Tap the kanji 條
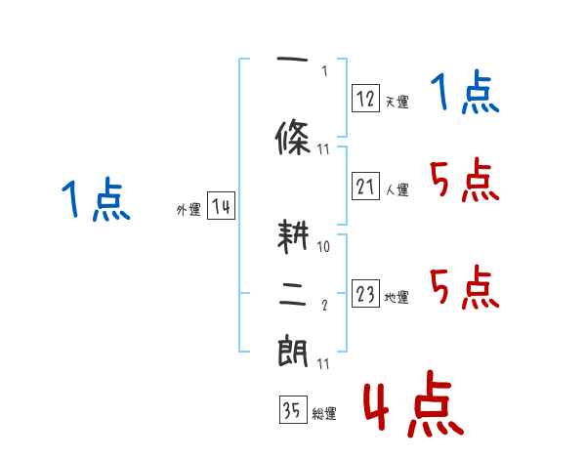coord(293,136)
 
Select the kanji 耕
coord(293,238)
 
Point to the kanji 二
coord(293,294)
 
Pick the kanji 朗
coord(293,351)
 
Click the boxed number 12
coord(366,98)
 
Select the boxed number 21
coord(366,187)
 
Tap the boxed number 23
coord(366,295)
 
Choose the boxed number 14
coord(222,207)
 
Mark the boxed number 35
coord(292,411)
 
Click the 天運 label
coord(397,102)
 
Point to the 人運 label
coord(397,190)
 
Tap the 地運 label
coord(397,298)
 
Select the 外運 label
coord(188,210)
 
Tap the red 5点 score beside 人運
coord(464,181)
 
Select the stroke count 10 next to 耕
coord(323,247)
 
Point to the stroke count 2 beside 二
coord(323,306)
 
